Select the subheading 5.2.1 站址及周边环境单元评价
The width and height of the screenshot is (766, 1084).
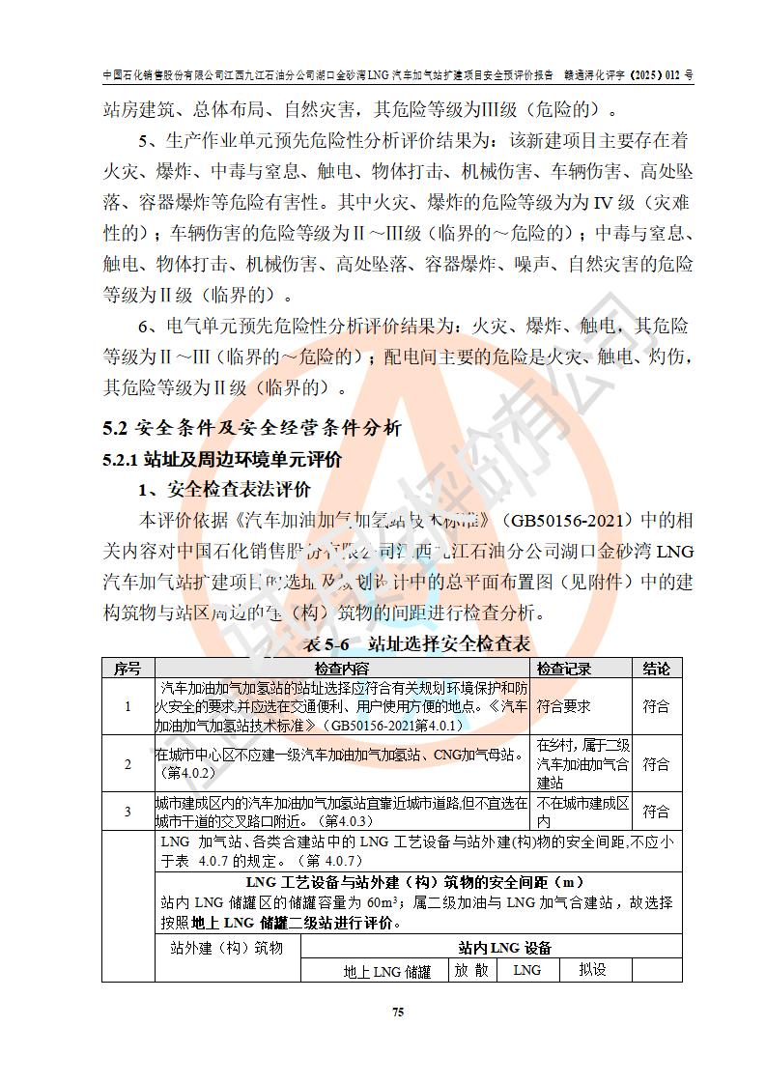222,460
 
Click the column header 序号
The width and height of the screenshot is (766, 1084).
128,669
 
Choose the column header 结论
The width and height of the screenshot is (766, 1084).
656,669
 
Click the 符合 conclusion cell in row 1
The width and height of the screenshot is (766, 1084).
656,706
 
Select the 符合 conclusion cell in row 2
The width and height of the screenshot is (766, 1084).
656,763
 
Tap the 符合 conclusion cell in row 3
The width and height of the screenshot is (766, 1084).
656,812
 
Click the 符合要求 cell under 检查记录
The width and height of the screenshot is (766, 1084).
564,706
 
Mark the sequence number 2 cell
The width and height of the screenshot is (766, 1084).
128,763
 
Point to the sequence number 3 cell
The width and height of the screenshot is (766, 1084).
128,812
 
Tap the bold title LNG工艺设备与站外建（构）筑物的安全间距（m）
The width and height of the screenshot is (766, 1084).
415,882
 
